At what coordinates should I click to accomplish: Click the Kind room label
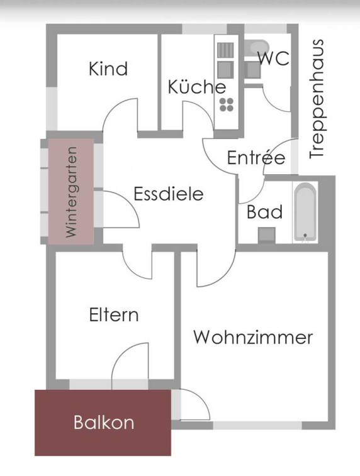coord(108,69)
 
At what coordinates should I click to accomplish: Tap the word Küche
coord(197,87)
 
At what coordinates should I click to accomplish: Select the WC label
coord(274,58)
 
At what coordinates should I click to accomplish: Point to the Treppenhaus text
coord(317,99)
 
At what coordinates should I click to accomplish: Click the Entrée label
coord(256,157)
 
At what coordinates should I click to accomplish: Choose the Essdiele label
coord(169,194)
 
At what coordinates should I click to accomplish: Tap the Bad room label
coord(264,212)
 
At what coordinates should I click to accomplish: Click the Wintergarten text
coord(71,192)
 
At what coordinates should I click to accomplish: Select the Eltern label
coord(114,315)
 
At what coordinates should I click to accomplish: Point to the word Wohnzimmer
coord(254,337)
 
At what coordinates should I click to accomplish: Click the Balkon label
coord(104,423)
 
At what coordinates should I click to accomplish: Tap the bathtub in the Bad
coord(305,212)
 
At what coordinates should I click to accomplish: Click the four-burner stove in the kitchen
coord(227,105)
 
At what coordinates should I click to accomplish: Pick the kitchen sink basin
coord(225,70)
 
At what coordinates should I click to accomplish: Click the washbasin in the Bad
coord(267,235)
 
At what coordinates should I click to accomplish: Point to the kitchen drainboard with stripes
coord(225,50)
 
